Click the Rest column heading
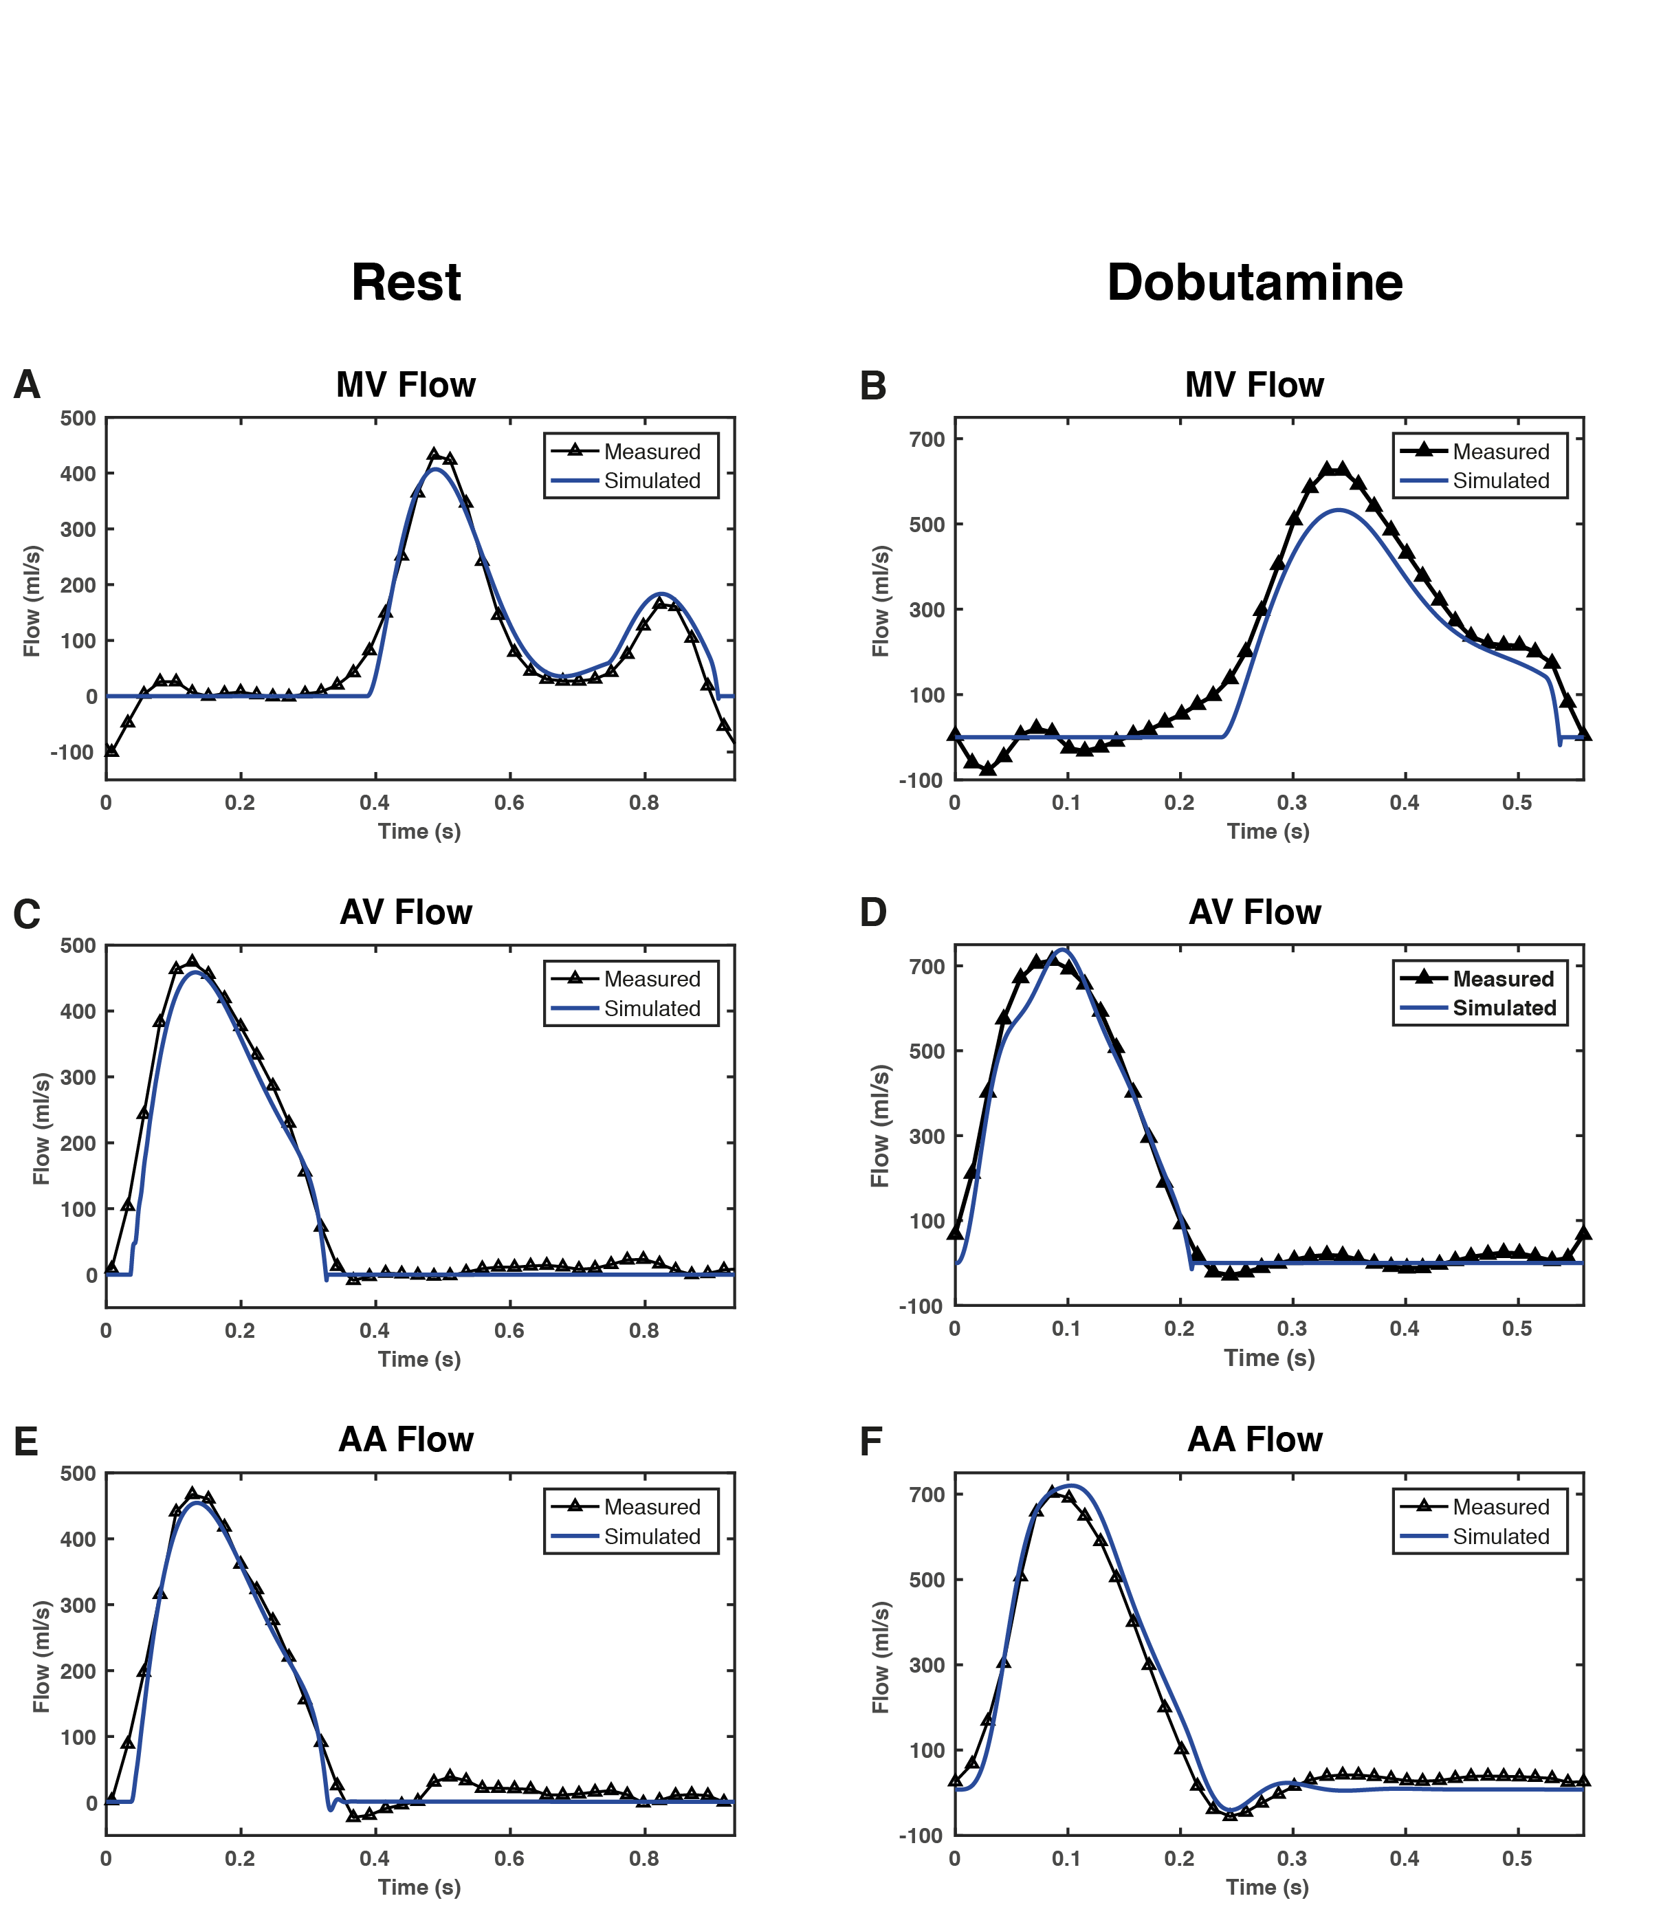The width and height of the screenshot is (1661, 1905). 406,283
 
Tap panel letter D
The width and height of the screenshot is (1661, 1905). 873,912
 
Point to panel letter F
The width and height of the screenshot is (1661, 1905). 871,1442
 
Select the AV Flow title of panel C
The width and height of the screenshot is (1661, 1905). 406,912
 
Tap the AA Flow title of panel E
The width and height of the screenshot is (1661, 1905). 406,1440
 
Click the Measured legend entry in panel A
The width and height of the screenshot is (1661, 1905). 652,452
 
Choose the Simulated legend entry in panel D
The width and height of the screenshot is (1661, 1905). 1504,1008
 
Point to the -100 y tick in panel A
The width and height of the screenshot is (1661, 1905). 72,753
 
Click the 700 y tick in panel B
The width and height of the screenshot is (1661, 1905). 927,439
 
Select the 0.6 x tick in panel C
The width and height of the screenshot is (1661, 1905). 509,1331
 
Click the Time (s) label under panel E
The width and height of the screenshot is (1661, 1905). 419,1887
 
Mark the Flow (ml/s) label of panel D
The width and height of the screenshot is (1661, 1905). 879,1126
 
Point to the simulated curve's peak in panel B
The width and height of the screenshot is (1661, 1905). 1339,510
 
